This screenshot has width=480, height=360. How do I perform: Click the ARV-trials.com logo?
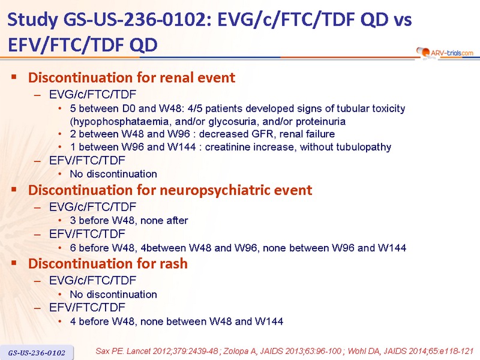tap(445, 53)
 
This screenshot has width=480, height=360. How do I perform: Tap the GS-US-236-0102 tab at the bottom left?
tap(37, 353)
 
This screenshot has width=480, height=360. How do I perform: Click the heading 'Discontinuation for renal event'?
tap(131, 78)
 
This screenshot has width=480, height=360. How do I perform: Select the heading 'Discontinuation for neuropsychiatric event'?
tap(170, 190)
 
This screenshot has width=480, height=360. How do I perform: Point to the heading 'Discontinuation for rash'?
tap(108, 263)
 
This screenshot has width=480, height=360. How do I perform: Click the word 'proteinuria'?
tap(320, 122)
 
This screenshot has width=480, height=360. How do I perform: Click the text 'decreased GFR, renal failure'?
tap(267, 134)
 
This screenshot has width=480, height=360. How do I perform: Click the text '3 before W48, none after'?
tap(129, 220)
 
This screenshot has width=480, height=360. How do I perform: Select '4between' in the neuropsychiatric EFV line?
tap(163, 248)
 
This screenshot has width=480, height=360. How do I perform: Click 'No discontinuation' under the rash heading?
tap(113, 295)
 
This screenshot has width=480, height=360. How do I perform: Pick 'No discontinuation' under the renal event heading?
tap(113, 174)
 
